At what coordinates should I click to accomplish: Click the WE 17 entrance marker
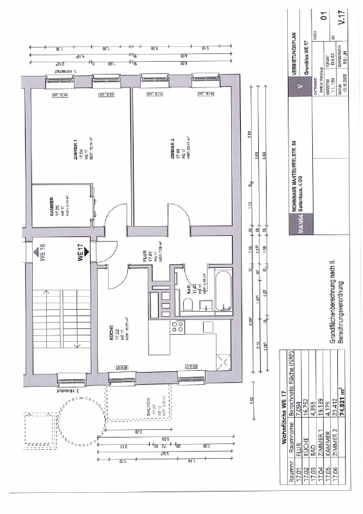coord(81,251)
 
